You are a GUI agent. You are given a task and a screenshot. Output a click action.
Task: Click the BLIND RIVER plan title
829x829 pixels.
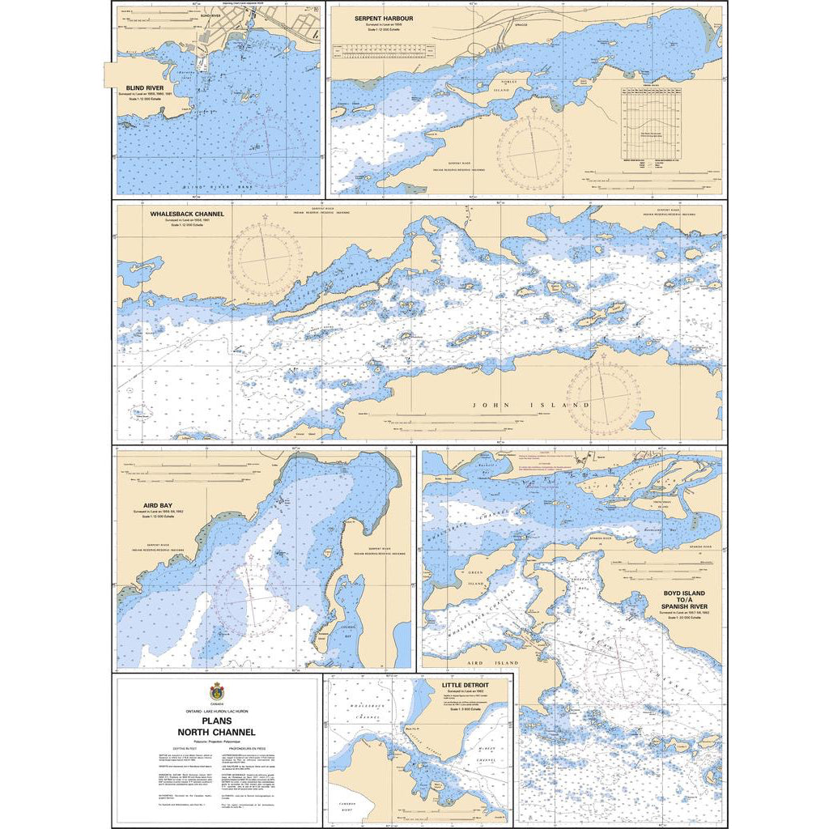143,87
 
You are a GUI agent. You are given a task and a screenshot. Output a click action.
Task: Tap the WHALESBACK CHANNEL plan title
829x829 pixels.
187,215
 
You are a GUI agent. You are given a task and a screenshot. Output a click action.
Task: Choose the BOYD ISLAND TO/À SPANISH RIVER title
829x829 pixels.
683,599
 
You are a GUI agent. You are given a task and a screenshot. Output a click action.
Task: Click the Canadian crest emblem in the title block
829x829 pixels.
217,692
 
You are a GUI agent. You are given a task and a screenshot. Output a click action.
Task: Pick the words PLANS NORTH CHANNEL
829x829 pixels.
217,727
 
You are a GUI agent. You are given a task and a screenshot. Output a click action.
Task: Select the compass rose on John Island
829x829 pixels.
603,397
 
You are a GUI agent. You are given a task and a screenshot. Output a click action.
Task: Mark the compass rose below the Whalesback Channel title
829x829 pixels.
260,257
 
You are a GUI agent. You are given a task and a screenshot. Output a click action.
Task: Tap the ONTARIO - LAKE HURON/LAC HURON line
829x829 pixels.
217,710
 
